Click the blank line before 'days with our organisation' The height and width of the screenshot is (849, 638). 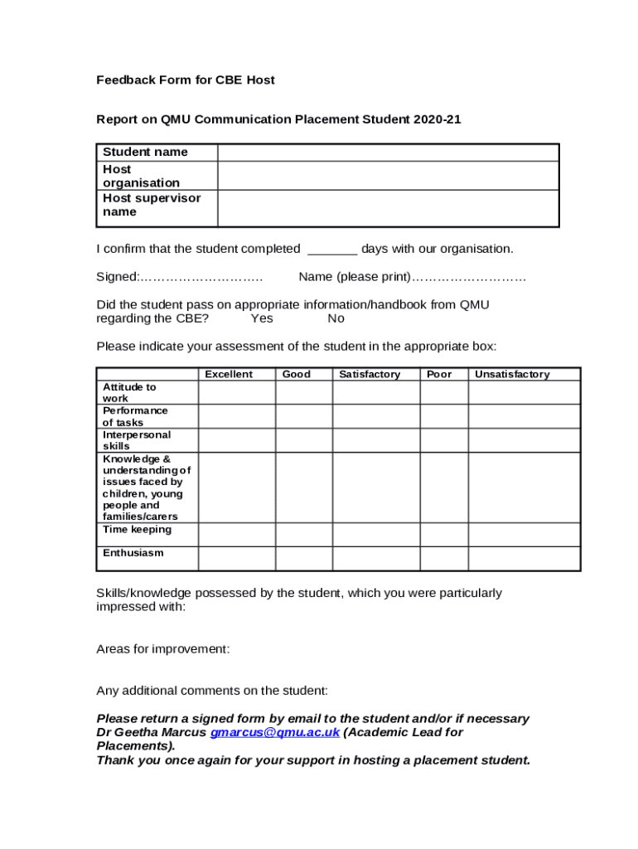(x=332, y=250)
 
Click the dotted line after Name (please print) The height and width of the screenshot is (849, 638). (x=469, y=277)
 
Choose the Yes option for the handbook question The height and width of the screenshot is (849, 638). (x=262, y=319)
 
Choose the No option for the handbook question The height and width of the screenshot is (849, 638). (x=336, y=319)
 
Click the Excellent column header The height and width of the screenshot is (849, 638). (x=229, y=375)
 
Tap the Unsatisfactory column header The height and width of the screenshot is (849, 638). (x=511, y=375)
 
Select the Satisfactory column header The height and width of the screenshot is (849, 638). (x=370, y=375)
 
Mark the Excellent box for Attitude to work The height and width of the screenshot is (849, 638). (x=236, y=392)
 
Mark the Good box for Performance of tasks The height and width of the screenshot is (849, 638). (x=303, y=416)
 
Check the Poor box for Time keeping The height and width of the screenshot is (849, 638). (x=443, y=534)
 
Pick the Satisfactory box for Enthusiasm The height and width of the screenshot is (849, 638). (x=375, y=558)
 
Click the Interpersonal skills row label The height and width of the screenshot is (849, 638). (x=137, y=440)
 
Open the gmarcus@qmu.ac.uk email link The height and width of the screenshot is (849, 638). (x=275, y=733)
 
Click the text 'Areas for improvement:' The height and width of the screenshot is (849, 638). (x=162, y=650)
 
